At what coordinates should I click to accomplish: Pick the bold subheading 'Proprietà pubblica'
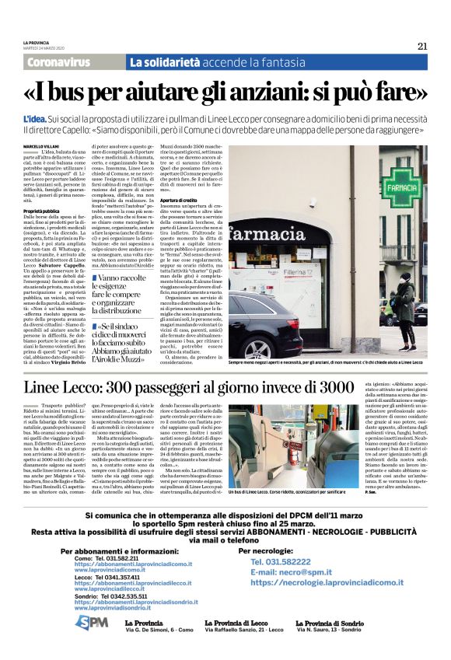41,211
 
